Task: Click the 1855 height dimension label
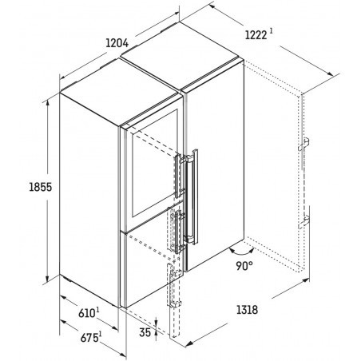point(41,187)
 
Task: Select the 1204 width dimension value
point(117,43)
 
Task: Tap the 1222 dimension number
point(256,35)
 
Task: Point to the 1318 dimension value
point(248,310)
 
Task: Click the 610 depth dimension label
point(87,313)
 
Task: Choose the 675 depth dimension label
point(89,338)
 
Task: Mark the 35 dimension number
point(145,332)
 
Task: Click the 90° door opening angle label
point(244,265)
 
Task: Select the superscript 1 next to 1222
point(271,31)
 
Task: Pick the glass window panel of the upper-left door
point(155,163)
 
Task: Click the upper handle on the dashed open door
point(303,144)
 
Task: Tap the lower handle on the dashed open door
point(303,221)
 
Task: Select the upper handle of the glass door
point(177,176)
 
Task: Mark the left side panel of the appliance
point(89,200)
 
